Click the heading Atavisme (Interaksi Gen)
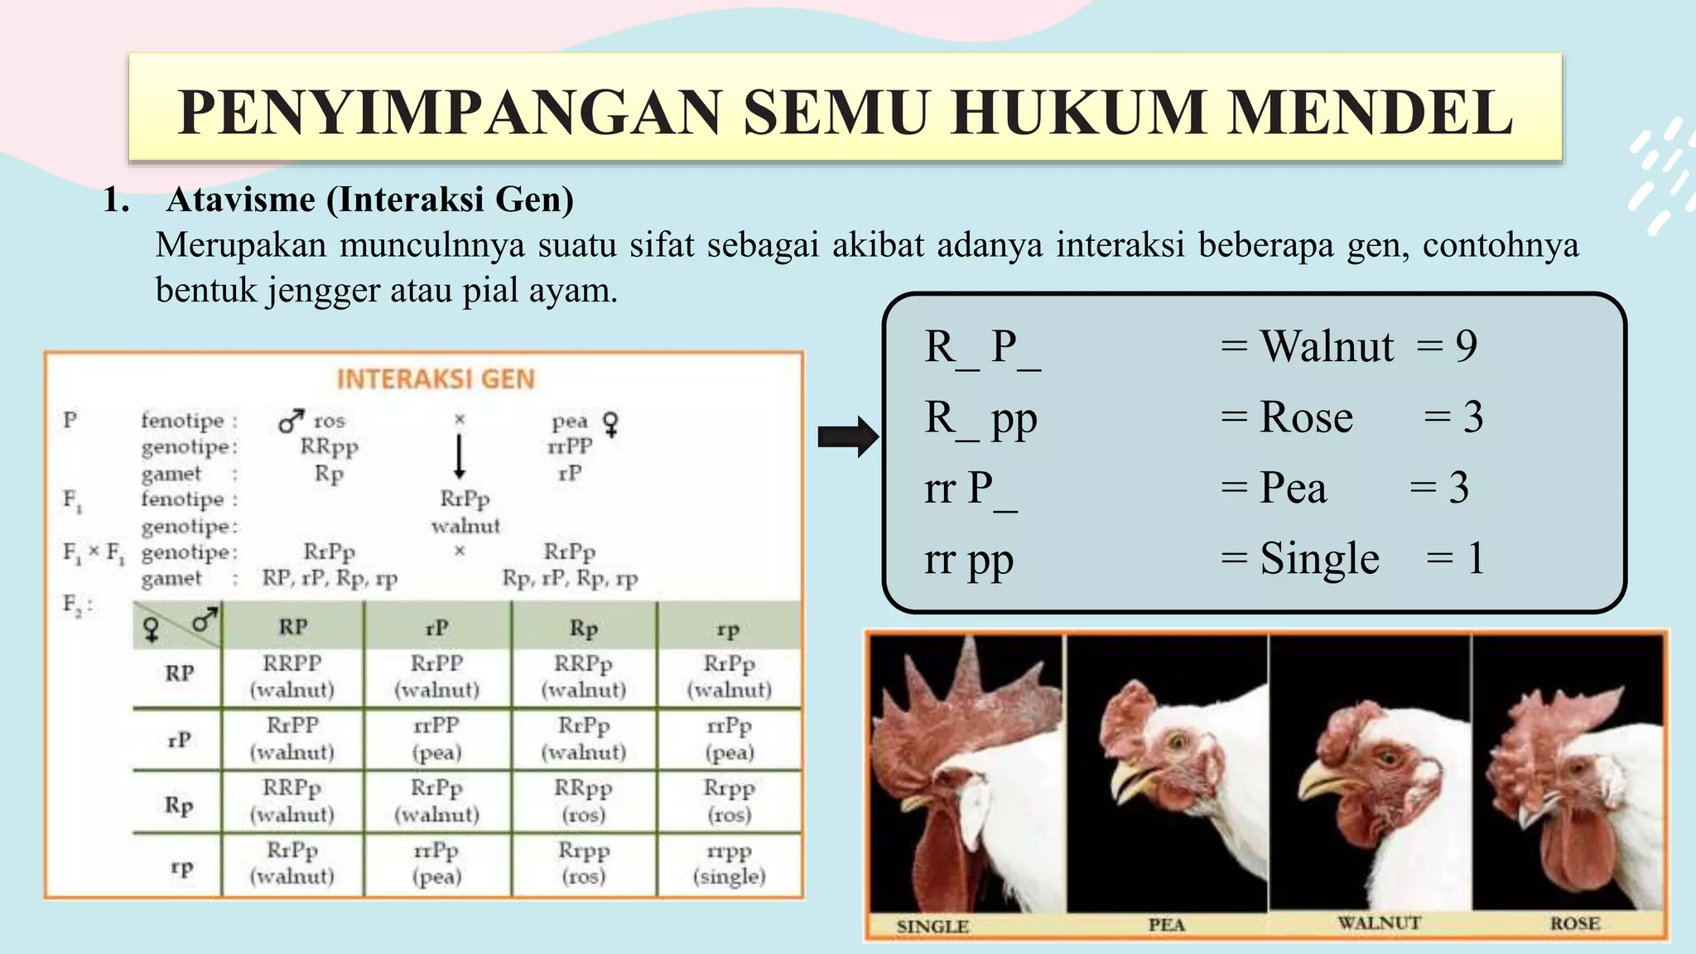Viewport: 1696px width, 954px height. click(369, 200)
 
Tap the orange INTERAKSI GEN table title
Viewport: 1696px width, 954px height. click(436, 379)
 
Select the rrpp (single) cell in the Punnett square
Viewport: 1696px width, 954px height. click(729, 864)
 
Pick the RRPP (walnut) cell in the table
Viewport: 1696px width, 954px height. click(291, 676)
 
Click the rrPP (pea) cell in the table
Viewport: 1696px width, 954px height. click(436, 738)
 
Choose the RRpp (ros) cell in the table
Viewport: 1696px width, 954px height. click(583, 801)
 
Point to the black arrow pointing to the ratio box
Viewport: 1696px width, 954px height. click(846, 436)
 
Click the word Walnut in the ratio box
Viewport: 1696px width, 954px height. click(1326, 346)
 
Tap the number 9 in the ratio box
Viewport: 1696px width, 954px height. click(1466, 346)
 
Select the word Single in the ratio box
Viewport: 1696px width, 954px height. click(1319, 559)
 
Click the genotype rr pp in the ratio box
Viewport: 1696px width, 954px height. click(968, 559)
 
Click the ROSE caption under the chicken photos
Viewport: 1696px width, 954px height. click(1574, 923)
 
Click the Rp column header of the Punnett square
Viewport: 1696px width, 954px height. click(583, 629)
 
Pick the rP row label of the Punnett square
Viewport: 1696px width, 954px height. click(180, 739)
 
